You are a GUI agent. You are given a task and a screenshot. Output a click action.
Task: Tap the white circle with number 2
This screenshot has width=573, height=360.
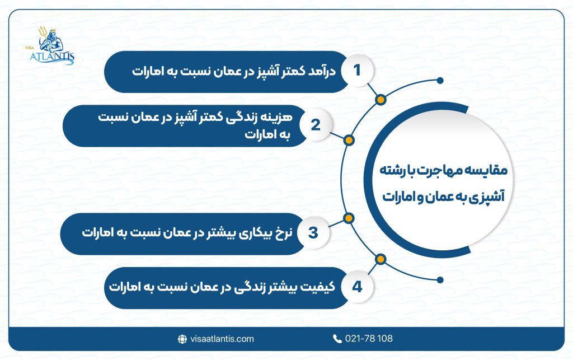[315, 124]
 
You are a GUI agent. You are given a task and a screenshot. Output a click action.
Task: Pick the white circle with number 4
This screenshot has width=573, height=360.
[357, 287]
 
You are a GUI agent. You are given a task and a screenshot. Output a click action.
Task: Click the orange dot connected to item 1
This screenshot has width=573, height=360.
[381, 100]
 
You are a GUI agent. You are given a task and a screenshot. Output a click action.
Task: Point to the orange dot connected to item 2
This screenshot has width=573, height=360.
[347, 140]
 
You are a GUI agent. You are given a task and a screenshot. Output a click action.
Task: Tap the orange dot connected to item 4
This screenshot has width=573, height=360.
[381, 259]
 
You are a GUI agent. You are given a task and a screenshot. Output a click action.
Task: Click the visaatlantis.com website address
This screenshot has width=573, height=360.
[222, 339]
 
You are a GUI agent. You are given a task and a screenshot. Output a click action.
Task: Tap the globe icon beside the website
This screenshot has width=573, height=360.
[182, 339]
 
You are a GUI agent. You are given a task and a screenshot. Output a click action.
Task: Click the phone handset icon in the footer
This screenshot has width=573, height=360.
[337, 339]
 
